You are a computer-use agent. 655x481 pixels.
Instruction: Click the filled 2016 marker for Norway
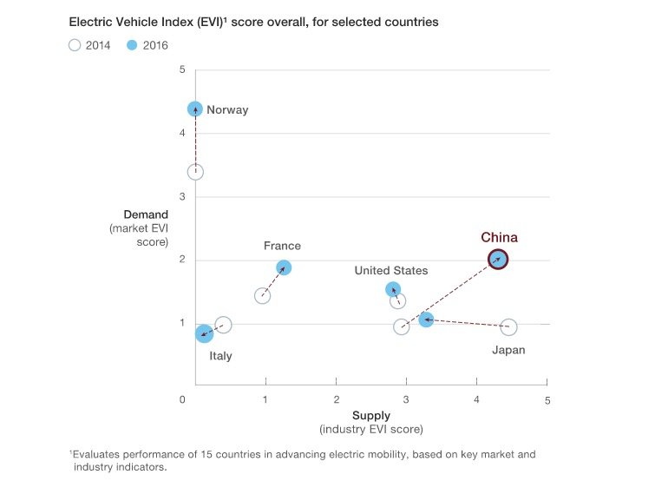tap(195, 109)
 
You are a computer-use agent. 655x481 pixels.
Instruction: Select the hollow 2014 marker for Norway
tap(195, 172)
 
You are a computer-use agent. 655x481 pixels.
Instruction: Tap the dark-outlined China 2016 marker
tap(498, 259)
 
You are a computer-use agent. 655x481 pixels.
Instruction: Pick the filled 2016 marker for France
tap(283, 267)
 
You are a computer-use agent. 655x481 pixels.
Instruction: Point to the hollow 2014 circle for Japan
tap(508, 327)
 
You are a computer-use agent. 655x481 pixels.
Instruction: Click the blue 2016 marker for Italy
tap(204, 333)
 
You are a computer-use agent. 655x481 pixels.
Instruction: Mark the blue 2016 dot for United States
tap(393, 289)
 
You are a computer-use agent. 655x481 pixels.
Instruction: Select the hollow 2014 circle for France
tap(263, 296)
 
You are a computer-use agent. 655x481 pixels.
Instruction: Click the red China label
tap(499, 237)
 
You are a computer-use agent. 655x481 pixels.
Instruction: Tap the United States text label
tap(390, 271)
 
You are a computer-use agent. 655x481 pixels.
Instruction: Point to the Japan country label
tap(508, 351)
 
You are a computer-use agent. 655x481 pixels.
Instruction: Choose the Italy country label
tap(220, 356)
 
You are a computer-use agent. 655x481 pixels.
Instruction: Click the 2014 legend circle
tap(75, 45)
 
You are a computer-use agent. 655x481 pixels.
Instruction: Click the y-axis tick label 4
tap(181, 133)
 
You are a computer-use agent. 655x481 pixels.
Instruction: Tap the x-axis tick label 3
tap(407, 399)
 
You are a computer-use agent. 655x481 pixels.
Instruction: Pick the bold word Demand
tap(146, 214)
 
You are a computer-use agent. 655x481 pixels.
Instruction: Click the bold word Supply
tap(370, 416)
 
